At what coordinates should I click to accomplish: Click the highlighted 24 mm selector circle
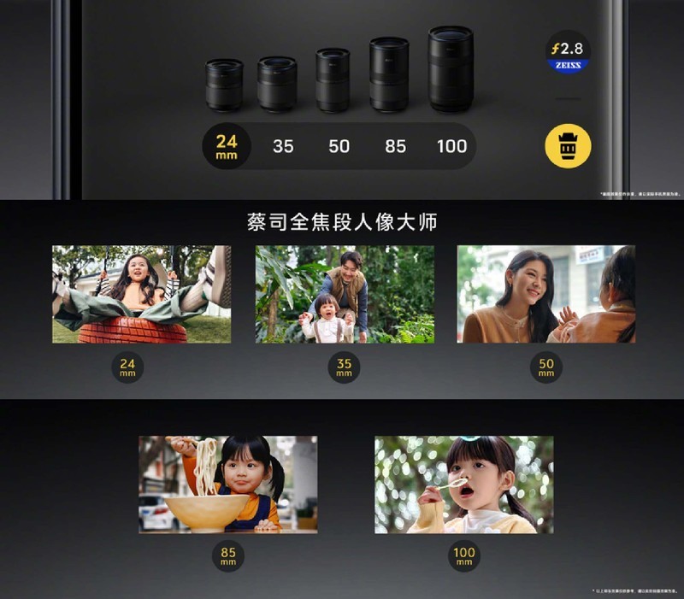tap(227, 146)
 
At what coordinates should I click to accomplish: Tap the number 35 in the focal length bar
tap(283, 146)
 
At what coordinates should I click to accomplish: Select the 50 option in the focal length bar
tap(339, 146)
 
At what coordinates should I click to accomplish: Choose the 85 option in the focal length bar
tap(395, 146)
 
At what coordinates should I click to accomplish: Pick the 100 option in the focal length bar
tap(451, 146)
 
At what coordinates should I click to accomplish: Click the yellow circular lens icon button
tap(568, 146)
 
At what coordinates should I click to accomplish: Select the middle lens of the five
tap(333, 79)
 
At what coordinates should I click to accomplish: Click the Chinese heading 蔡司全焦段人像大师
tap(342, 222)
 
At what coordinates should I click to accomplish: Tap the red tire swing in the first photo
tap(133, 330)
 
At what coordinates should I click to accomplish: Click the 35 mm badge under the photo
tap(344, 367)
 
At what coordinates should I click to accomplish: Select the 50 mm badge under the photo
tap(546, 367)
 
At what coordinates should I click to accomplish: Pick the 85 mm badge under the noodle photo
tap(228, 556)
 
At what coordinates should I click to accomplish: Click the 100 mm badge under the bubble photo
tap(463, 556)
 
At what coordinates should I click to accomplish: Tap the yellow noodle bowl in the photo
tap(207, 511)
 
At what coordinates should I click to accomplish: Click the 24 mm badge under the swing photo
tap(127, 367)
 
